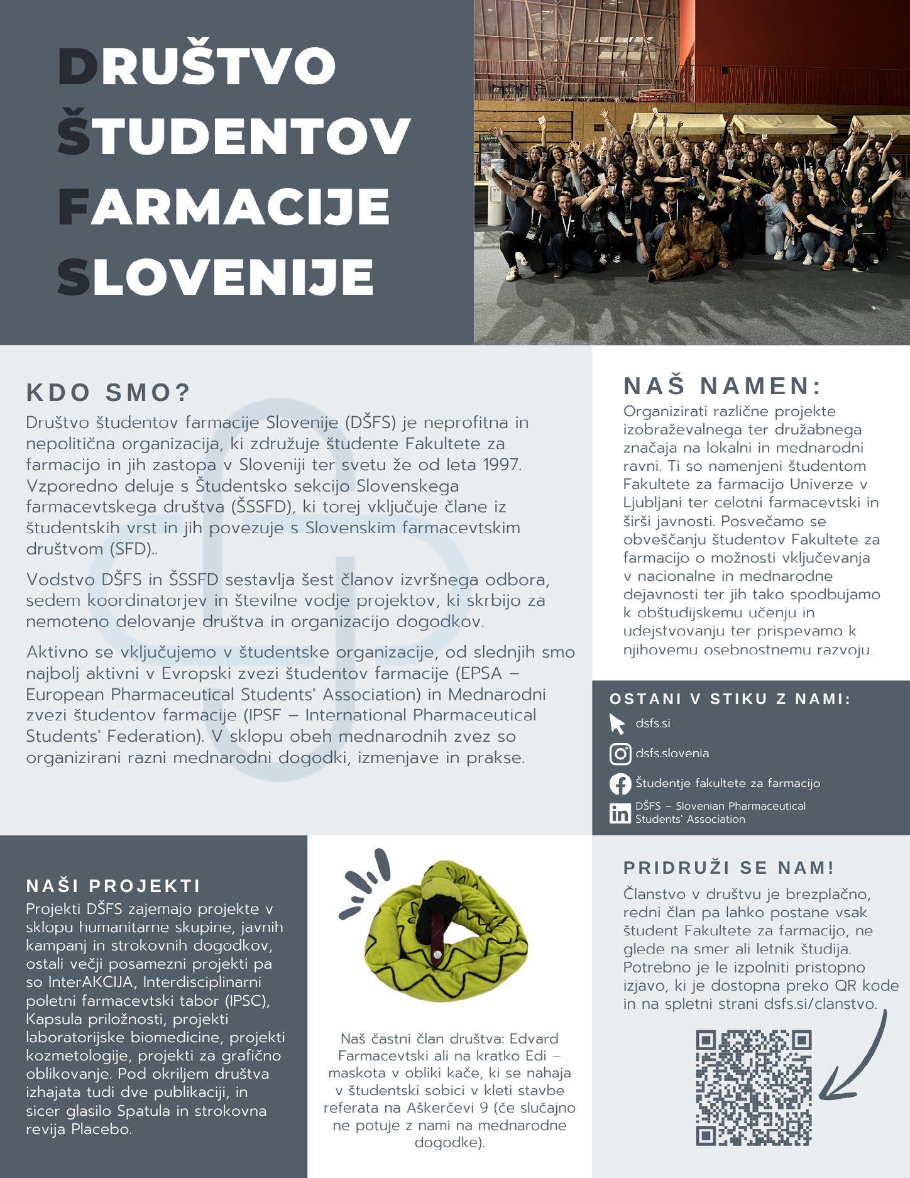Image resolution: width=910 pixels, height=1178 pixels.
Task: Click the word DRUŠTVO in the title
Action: click(x=197, y=65)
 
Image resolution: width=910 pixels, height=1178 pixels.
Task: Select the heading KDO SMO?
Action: click(x=108, y=392)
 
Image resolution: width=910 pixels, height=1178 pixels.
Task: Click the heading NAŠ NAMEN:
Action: click(x=722, y=385)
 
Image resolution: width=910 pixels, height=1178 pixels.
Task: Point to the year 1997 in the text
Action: click(x=502, y=465)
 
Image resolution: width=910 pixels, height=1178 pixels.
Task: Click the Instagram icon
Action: click(x=620, y=753)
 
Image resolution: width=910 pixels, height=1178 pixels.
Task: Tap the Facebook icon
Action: click(x=620, y=784)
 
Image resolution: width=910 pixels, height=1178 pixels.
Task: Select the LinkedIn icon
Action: click(x=620, y=813)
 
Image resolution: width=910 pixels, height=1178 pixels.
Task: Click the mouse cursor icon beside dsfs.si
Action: click(x=617, y=724)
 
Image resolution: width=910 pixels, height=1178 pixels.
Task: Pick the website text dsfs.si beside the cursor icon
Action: click(x=652, y=724)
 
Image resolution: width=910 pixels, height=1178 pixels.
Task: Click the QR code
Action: click(x=754, y=1087)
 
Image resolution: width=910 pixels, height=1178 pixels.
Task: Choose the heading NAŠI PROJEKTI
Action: click(x=113, y=886)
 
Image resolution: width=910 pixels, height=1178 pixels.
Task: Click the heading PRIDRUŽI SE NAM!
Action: click(x=728, y=867)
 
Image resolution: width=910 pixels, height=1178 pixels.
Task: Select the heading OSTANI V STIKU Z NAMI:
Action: click(x=730, y=699)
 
